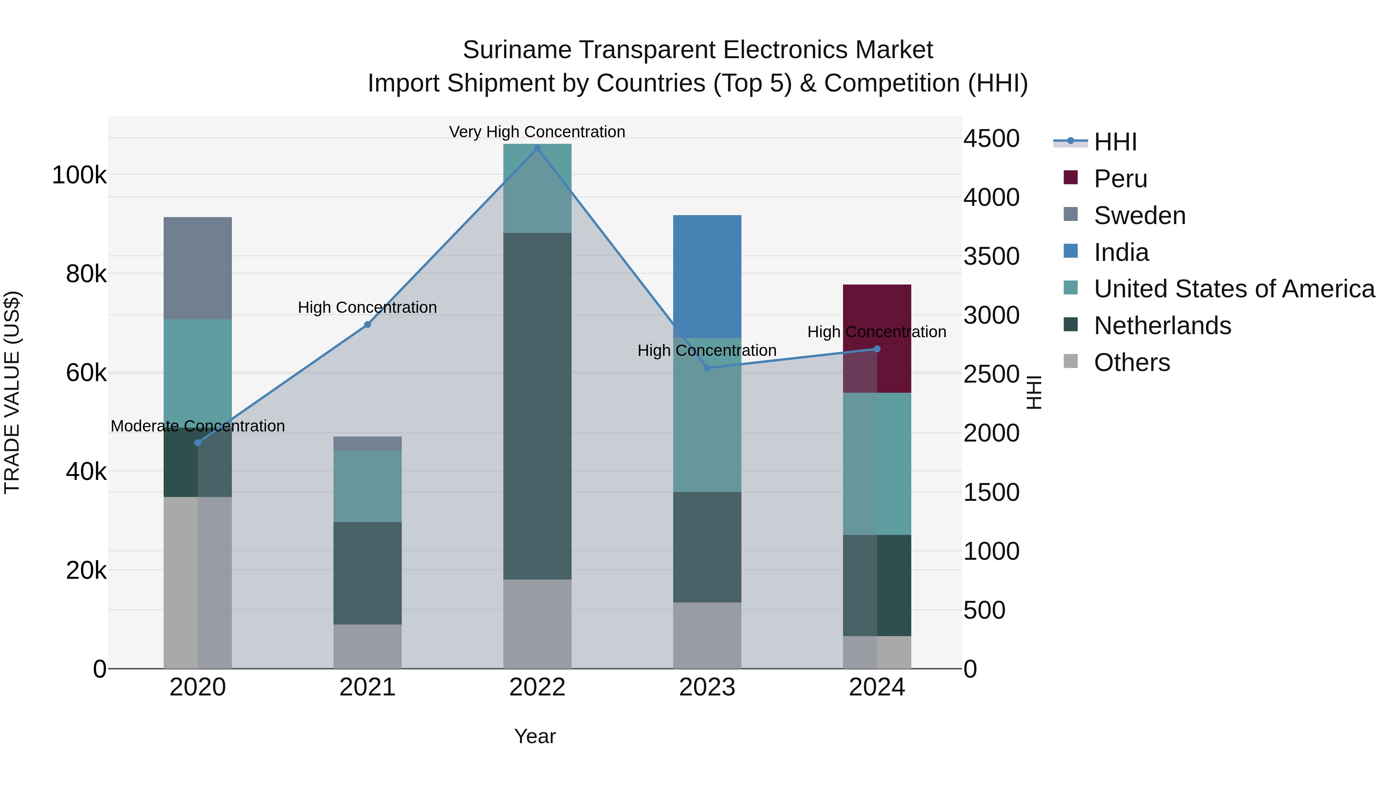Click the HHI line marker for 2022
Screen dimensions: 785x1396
tap(537, 148)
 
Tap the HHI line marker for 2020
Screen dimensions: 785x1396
tap(198, 443)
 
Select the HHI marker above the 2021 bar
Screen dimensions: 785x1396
tap(368, 324)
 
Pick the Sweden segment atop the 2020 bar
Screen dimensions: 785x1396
tap(198, 268)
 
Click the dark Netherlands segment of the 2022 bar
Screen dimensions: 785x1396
tap(537, 406)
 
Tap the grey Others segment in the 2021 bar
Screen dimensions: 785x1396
tap(368, 646)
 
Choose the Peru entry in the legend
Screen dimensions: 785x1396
tap(1120, 179)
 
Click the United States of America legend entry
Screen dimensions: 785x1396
tap(1234, 289)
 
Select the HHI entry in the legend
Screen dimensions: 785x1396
tap(1115, 142)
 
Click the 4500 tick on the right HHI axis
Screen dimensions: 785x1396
tap(991, 139)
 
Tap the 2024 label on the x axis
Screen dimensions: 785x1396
tap(876, 687)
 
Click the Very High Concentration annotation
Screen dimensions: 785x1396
tap(537, 132)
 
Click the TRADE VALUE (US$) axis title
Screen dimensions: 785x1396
tap(12, 392)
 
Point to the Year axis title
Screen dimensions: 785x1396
tap(535, 736)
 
